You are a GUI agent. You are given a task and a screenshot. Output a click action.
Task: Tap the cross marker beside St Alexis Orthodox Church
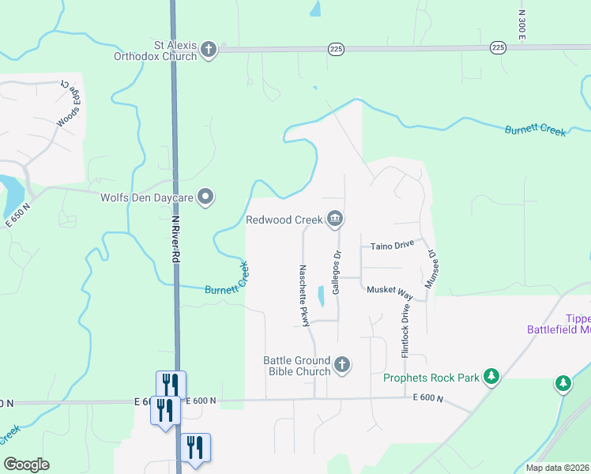coord(209,50)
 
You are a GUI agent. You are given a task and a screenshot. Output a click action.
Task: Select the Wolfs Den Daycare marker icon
coord(205,197)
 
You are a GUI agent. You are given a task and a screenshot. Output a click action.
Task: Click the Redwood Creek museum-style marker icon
coord(335,219)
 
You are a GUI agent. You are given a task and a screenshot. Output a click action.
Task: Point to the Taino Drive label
coord(393,246)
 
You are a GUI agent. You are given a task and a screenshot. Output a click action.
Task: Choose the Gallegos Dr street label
coord(337,272)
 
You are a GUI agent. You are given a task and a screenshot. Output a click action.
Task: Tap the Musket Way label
coord(390,291)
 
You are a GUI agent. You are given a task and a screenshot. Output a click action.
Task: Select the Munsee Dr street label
coord(432,269)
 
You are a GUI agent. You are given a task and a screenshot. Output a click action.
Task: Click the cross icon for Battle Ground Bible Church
coord(341,364)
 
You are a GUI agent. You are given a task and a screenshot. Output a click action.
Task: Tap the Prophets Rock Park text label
coord(431,378)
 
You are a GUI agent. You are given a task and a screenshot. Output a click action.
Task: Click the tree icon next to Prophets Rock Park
coord(491,377)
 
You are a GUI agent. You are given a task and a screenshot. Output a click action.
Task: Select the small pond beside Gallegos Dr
coord(321,297)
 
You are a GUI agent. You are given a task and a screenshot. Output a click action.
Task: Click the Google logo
coord(26,465)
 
